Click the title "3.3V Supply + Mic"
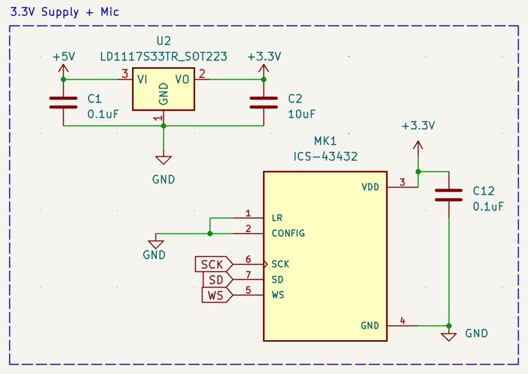click(x=65, y=11)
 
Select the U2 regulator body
click(x=163, y=89)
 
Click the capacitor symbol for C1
click(x=63, y=102)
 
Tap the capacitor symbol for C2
click(x=263, y=102)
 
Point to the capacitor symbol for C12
click(x=449, y=195)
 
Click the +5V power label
click(x=63, y=57)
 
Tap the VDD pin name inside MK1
click(x=370, y=187)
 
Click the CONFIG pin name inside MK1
click(x=288, y=233)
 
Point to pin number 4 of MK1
click(x=402, y=321)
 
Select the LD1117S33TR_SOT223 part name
click(x=163, y=57)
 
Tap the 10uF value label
click(x=302, y=114)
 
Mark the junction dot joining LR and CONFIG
click(x=210, y=233)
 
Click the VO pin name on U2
click(x=182, y=79)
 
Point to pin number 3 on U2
click(x=124, y=74)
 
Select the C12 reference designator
click(x=483, y=191)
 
